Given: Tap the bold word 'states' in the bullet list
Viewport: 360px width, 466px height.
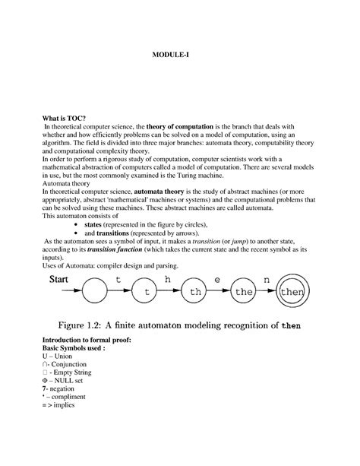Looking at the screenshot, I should [92, 226].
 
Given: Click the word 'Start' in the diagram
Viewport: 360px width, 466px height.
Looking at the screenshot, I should [62, 280].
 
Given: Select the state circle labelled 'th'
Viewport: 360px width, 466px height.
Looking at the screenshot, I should [197, 290].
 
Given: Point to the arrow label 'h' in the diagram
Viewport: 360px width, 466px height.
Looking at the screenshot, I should [168, 279].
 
